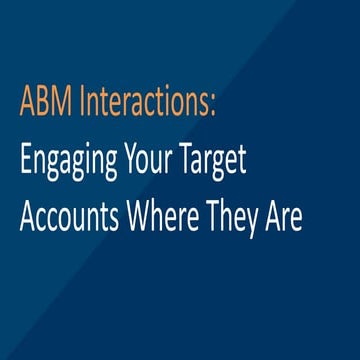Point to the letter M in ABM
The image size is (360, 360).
pos(59,102)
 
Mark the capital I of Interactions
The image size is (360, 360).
pos(77,102)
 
